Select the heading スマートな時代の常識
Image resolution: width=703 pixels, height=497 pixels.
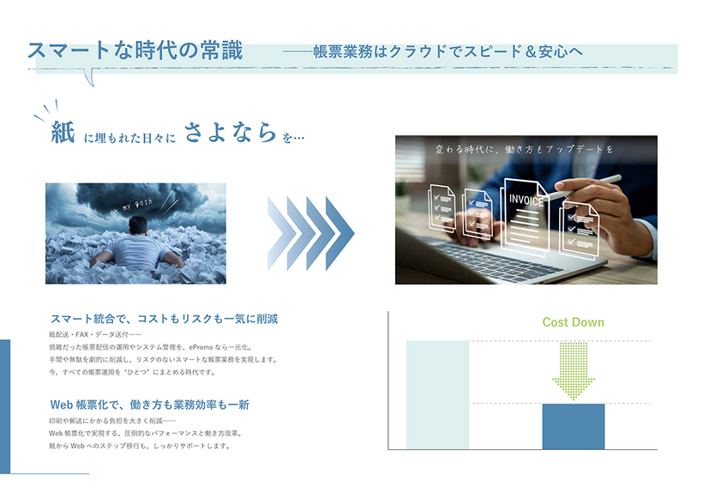click(135, 51)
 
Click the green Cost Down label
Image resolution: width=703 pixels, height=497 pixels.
click(573, 323)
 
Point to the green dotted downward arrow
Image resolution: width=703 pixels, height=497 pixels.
click(574, 371)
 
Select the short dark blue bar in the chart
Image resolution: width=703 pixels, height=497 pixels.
click(574, 426)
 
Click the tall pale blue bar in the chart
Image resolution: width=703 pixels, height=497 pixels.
click(437, 394)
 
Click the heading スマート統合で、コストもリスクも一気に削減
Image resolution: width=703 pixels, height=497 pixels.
click(164, 319)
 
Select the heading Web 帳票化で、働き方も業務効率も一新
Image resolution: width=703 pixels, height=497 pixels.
click(149, 404)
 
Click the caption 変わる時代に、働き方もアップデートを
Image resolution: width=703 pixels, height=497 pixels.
click(525, 149)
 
